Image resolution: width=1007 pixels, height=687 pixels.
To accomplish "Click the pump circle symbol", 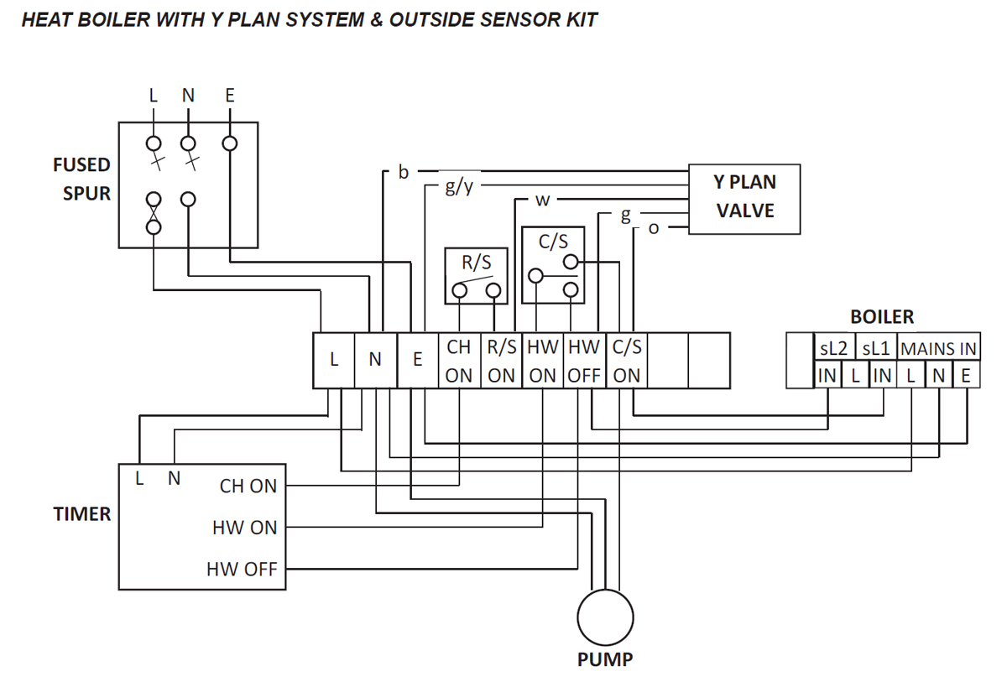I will point(605,618).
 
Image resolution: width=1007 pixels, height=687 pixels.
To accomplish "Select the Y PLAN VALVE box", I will point(744,198).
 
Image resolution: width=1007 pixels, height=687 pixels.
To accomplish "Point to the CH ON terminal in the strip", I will point(459,361).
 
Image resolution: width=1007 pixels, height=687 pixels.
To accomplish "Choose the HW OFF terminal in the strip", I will point(585,361).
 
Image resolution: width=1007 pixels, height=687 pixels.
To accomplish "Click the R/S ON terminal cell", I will point(501,361).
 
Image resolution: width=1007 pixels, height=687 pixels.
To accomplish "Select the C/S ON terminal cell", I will point(627,361).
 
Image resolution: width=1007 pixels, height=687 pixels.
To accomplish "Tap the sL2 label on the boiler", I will point(834,348).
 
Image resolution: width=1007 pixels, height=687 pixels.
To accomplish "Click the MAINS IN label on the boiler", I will point(938,348).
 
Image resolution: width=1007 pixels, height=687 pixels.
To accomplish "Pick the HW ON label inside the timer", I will point(244,528).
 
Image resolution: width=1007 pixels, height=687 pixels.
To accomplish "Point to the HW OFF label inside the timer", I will point(242,570).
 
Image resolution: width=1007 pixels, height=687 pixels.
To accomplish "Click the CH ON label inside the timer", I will point(248,486).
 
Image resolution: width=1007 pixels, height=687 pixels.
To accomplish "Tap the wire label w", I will point(543,200).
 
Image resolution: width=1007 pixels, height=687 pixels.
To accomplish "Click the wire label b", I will point(403,173).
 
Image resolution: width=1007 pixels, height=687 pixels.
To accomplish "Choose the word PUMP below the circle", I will point(605,659).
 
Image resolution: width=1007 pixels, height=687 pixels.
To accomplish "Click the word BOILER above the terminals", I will point(882,317).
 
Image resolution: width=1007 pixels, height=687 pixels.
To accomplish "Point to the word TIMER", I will point(82,514).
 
